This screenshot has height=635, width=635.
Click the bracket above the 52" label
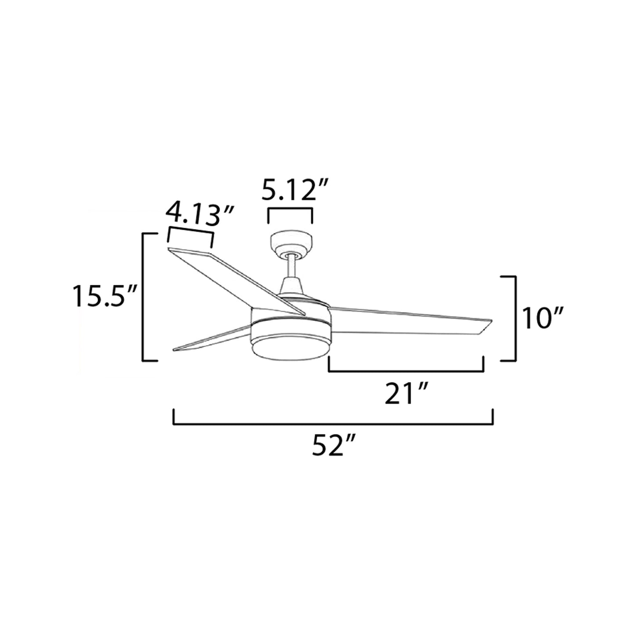[334, 424]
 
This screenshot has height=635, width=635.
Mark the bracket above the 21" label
[406, 371]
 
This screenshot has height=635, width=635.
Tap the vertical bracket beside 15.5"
[143, 297]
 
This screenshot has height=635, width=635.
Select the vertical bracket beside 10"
[514, 318]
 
